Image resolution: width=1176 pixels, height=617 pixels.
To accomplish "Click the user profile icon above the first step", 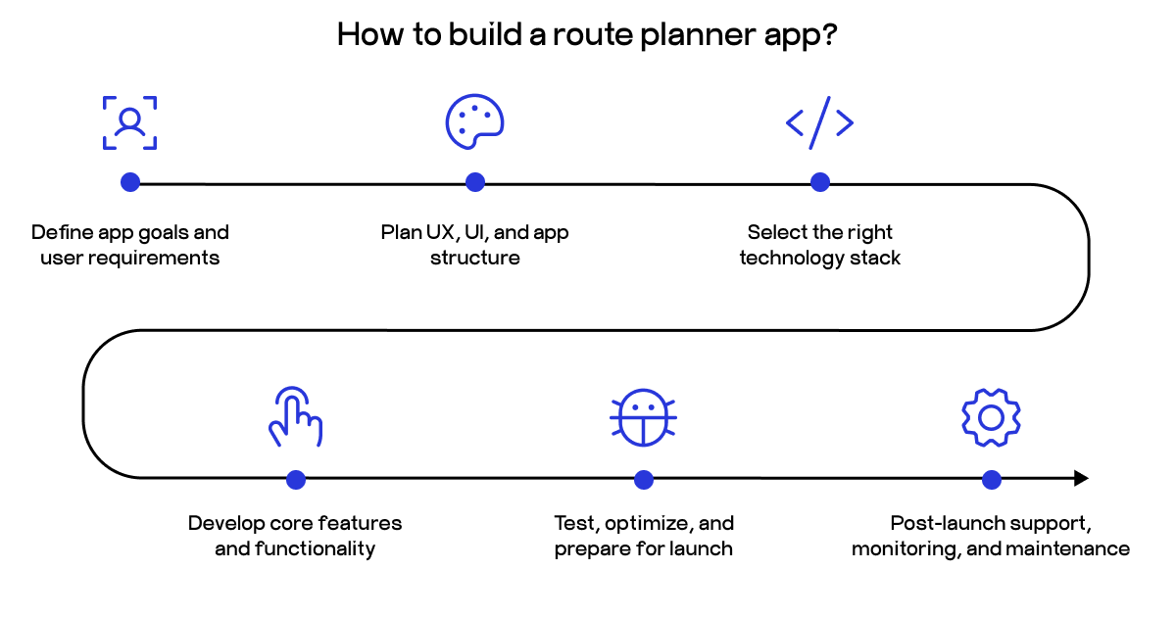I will pos(129,122).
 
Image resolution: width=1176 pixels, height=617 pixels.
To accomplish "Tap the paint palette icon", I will pos(474,122).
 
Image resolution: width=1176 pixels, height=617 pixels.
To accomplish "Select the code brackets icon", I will pos(819,122).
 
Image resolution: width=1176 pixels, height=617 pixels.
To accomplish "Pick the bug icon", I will pos(643,418).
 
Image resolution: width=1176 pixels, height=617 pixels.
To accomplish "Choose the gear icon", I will pos(991,418).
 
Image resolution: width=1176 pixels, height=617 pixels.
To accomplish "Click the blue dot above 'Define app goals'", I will pos(129,182).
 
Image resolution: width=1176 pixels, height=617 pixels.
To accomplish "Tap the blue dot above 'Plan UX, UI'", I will pos(475,182).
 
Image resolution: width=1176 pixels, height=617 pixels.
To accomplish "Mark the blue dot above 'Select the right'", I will pos(820,182).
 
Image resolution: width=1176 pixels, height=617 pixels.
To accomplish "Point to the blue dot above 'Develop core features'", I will pos(296,479).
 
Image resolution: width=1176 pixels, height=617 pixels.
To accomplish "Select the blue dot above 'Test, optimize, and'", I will pos(644,479).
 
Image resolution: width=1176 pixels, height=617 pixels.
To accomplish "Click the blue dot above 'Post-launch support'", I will pos(991,479).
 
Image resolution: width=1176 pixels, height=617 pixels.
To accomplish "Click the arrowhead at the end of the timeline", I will pos(1081,479).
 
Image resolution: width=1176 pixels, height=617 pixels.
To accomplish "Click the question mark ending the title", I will pos(830,34).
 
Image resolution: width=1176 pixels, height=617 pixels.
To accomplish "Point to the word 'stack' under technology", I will pos(875,259).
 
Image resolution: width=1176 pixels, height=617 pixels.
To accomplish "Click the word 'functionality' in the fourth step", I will pos(315,549).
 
